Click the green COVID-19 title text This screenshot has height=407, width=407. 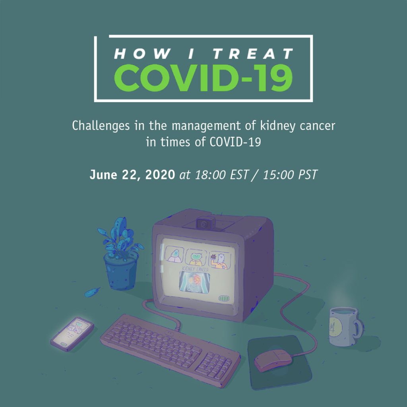click(203, 78)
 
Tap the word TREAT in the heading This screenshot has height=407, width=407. click(253, 54)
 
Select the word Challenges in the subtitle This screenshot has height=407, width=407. click(101, 126)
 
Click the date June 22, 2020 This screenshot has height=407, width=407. click(132, 175)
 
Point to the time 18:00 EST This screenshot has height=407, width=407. click(222, 175)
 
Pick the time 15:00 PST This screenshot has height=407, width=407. click(290, 175)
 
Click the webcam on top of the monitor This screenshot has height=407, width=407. click(205, 224)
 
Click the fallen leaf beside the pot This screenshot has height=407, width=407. click(92, 292)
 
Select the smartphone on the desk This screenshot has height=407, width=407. click(72, 334)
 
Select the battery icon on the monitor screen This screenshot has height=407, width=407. click(223, 298)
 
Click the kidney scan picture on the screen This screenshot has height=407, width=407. click(194, 282)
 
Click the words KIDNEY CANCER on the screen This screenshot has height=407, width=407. click(195, 269)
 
